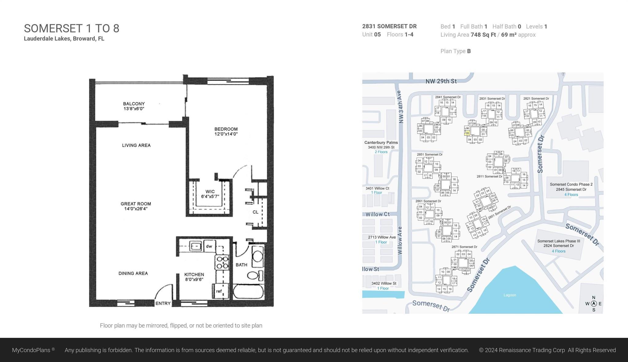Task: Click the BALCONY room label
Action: click(x=134, y=104)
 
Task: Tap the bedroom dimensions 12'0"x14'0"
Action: click(x=226, y=134)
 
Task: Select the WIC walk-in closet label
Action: click(x=210, y=192)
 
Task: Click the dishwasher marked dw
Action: click(x=209, y=246)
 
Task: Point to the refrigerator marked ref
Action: click(x=219, y=291)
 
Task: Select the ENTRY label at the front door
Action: click(x=163, y=303)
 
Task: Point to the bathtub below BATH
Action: click(x=248, y=292)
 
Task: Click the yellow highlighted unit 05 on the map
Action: click(x=467, y=133)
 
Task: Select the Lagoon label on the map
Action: click(x=510, y=295)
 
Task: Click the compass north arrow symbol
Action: click(x=594, y=304)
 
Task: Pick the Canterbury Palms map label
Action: click(x=381, y=143)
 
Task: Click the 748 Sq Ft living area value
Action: click(x=483, y=35)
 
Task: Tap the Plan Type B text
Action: click(x=455, y=51)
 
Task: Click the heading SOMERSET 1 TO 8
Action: click(x=71, y=29)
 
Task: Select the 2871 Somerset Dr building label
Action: click(x=464, y=247)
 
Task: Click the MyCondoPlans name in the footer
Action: click(x=31, y=350)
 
